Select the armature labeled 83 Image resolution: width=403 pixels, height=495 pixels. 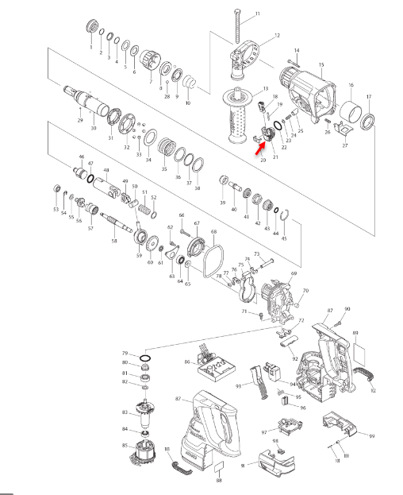[x=145, y=412]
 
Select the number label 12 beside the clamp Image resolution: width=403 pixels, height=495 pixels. [x=277, y=36]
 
